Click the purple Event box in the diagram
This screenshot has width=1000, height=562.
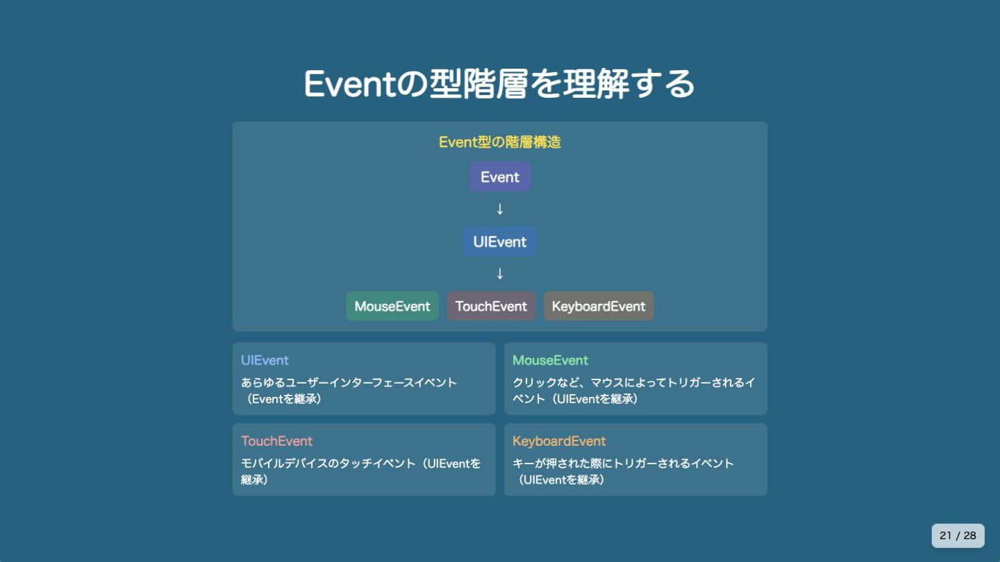[499, 177]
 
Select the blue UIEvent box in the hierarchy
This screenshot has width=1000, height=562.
[500, 241]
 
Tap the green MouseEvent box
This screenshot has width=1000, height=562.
[392, 306]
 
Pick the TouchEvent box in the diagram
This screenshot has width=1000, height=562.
[491, 306]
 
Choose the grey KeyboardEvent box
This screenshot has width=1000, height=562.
[599, 306]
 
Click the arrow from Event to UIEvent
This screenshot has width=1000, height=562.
[499, 209]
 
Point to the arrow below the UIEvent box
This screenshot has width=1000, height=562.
[499, 273]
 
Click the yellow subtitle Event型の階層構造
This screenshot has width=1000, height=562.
[499, 142]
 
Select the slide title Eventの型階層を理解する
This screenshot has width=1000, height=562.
[499, 84]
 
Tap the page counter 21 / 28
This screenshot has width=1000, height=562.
[958, 536]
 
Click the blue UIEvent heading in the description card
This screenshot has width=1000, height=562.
[265, 360]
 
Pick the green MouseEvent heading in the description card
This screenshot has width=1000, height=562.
[550, 360]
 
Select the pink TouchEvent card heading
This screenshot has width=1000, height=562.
[276, 441]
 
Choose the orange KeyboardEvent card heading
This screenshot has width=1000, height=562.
[559, 441]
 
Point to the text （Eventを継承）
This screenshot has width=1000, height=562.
[284, 399]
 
